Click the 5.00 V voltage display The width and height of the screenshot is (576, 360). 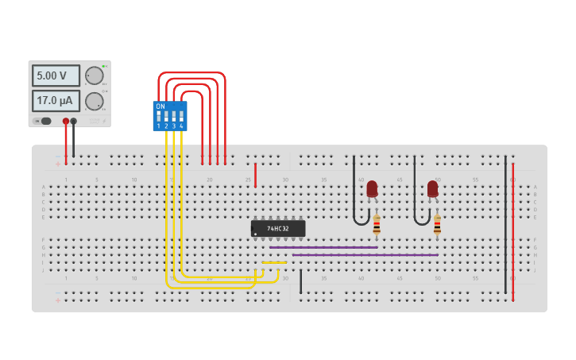coord(56,75)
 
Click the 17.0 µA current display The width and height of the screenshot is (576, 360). coord(56,101)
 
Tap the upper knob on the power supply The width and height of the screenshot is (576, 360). coord(95,75)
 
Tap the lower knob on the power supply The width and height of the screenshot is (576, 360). coord(95,102)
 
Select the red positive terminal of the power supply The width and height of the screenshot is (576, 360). coord(66,122)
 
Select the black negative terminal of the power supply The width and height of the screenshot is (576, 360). coord(74,122)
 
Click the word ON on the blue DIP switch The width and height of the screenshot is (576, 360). coord(160,106)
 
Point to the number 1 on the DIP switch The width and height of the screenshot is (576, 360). coord(159,126)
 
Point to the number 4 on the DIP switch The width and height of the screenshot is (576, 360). coord(181,126)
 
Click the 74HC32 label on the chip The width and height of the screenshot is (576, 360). coord(278,229)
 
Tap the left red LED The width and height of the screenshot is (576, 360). coord(372,189)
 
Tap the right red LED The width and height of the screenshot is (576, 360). coord(432,189)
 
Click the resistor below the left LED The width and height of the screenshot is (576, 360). coord(377,226)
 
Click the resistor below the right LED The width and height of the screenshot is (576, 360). coord(437,226)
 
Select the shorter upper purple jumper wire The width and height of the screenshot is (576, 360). coord(323,247)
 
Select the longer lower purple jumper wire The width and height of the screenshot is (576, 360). coord(365,255)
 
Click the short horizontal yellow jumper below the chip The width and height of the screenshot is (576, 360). coord(274,262)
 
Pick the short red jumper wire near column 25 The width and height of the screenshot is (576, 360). coord(255,175)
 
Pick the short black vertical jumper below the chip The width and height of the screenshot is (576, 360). coord(300,281)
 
